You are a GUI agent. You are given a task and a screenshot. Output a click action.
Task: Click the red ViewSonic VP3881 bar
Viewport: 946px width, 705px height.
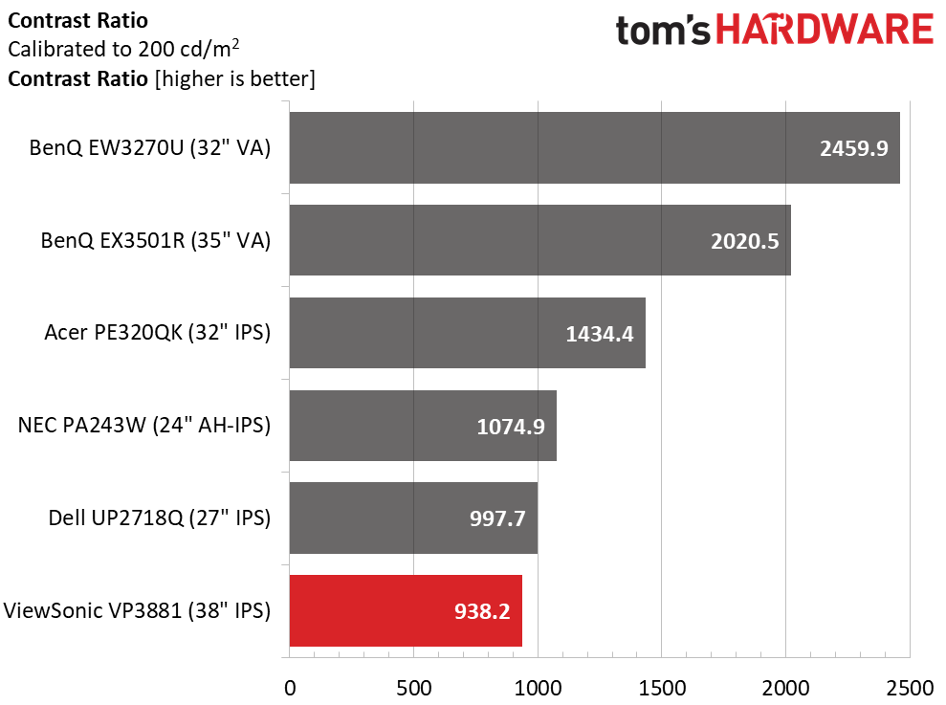coord(406,611)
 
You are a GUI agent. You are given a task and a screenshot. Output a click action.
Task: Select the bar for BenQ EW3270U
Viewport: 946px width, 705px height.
coord(594,148)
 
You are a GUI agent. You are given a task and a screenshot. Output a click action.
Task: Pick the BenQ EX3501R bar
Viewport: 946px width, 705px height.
coord(540,240)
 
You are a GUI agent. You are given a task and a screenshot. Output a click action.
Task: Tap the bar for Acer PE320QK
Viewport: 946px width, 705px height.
coord(468,333)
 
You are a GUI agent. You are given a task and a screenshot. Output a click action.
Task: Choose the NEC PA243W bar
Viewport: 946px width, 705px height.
coord(423,426)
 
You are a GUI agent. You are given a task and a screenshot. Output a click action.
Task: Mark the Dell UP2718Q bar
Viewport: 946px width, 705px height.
coord(413,518)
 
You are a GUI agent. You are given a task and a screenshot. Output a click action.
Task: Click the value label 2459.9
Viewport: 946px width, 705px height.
coord(853,148)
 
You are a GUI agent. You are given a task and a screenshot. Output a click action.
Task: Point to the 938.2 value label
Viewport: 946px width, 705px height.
coord(482,611)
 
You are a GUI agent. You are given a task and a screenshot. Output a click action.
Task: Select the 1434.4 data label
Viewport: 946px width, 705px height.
coord(600,334)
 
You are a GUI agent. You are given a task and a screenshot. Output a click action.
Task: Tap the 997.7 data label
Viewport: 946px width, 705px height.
coord(497,518)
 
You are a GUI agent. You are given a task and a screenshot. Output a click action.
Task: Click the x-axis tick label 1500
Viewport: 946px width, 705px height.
coord(662,688)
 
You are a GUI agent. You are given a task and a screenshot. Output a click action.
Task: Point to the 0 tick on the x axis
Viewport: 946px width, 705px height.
coord(290,688)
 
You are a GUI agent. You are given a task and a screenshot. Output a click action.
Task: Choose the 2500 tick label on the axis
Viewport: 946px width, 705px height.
coord(910,688)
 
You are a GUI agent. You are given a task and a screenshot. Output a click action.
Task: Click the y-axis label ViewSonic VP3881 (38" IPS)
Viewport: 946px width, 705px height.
coord(137,610)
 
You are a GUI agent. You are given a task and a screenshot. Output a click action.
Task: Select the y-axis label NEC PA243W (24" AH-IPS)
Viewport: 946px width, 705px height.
coord(144,425)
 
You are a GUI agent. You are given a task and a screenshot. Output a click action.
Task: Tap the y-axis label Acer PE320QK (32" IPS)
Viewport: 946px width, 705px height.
coord(158,332)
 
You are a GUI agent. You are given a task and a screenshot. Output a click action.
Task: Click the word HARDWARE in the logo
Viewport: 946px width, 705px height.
coord(825,31)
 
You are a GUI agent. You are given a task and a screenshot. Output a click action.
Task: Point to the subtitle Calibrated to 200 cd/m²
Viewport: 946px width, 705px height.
coord(123,48)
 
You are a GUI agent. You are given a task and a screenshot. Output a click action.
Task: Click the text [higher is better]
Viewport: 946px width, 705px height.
coord(235,78)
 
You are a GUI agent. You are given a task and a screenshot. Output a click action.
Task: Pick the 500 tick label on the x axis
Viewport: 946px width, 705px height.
coord(414,688)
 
